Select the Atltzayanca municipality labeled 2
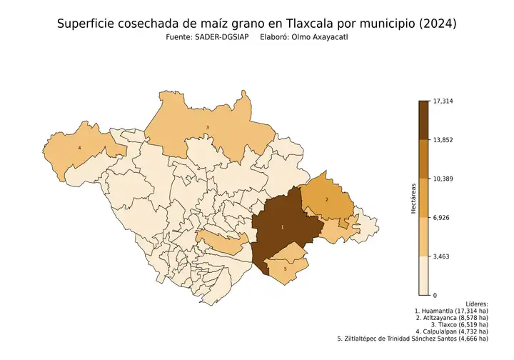327,199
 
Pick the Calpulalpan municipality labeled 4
79,148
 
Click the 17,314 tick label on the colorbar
443,101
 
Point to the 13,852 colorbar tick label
443,140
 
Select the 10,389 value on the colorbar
443,179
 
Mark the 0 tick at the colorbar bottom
435,295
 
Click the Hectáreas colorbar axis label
413,198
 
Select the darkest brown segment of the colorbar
423,120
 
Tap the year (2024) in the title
437,24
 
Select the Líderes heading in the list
476,304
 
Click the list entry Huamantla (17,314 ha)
450,312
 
